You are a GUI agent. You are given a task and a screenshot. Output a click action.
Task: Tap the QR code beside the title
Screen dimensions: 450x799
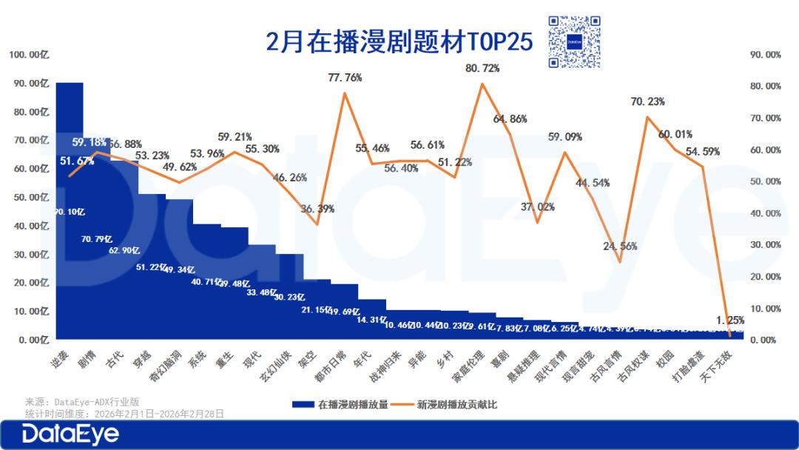[x=576, y=42]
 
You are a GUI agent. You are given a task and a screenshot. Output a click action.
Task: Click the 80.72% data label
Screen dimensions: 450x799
[x=482, y=68]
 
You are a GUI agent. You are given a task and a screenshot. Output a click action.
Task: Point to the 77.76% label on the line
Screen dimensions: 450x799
[x=345, y=77]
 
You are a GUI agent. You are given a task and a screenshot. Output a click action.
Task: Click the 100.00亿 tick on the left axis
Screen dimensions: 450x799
[x=28, y=55]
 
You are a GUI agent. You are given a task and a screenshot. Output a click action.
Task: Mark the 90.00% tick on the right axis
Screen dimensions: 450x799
[x=765, y=55]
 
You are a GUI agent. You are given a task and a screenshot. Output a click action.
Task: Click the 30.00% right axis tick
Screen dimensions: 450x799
[x=765, y=245]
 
